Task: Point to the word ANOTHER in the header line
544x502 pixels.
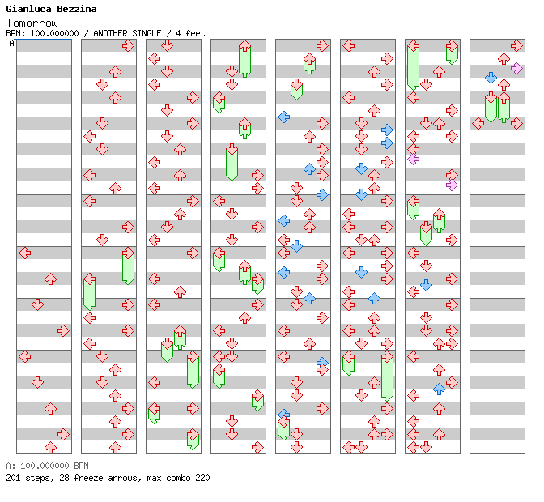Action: (112, 33)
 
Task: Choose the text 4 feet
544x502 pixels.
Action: (192, 33)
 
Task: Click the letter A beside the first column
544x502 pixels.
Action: (11, 44)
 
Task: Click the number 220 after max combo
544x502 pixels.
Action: (202, 478)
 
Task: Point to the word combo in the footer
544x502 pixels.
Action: (177, 478)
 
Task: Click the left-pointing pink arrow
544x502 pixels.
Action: (414, 159)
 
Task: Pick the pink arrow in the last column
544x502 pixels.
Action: (516, 68)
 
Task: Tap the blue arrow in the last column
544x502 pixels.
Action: (491, 78)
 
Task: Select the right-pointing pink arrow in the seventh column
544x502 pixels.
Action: (452, 185)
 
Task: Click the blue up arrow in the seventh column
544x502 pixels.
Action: (439, 389)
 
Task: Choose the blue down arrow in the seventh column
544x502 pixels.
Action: (426, 285)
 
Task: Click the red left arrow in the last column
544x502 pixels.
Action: (478, 123)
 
